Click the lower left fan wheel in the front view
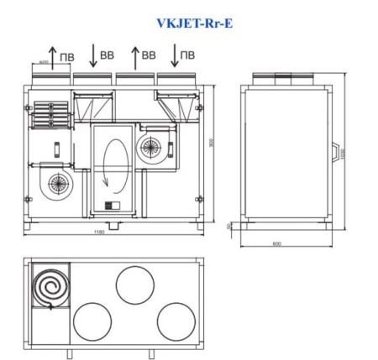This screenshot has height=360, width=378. coord(57,179)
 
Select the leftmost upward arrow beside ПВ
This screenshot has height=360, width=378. coord(54,58)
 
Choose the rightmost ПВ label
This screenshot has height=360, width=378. coord(188,55)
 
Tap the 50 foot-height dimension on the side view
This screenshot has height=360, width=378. coord(229,225)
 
